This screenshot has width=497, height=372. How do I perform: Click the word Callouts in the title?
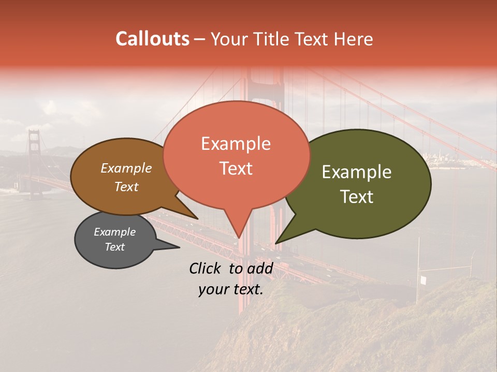(x=152, y=39)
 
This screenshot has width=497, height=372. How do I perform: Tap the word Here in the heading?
(x=354, y=39)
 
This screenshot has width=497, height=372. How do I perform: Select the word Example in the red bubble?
(x=236, y=144)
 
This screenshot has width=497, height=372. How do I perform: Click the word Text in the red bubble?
(x=236, y=168)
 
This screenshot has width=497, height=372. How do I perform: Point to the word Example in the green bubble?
(x=357, y=172)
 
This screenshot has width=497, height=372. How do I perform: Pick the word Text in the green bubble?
(x=357, y=196)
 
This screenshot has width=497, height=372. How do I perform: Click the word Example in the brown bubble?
(x=126, y=168)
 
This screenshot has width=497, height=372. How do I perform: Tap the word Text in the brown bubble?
(x=126, y=187)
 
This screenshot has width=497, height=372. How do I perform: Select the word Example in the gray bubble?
(x=114, y=232)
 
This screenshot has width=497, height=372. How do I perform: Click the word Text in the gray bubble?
(x=114, y=247)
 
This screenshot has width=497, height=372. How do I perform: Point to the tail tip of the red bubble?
(x=239, y=237)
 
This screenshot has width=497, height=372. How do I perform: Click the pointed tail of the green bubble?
(x=277, y=242)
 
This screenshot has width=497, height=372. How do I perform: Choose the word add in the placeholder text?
(x=260, y=268)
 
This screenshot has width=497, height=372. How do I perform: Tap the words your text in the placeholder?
(x=230, y=289)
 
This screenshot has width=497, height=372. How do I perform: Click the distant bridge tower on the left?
(x=34, y=160)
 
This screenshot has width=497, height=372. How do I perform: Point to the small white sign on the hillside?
(x=423, y=280)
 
